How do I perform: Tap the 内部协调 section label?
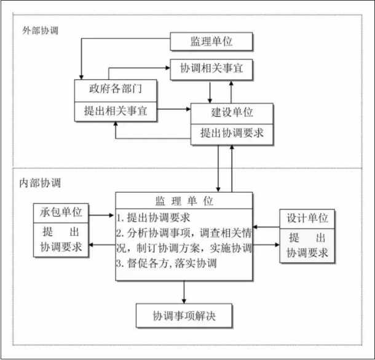(41, 183)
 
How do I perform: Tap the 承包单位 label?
(61, 214)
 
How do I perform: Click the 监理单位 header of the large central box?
(184, 201)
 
